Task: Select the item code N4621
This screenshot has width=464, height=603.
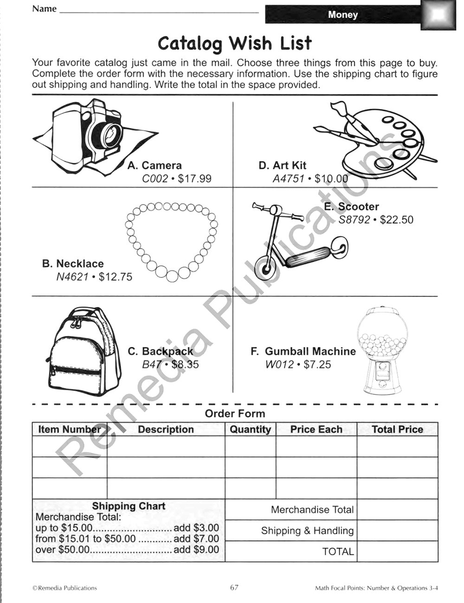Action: pyautogui.click(x=72, y=277)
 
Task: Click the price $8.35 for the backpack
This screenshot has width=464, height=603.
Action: pyautogui.click(x=185, y=365)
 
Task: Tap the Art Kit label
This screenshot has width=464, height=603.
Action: pyautogui.click(x=283, y=166)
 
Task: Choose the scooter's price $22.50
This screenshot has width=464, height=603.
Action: pyautogui.click(x=396, y=220)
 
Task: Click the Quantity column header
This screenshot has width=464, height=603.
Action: pyautogui.click(x=250, y=430)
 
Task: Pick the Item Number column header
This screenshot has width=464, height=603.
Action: pyautogui.click(x=69, y=430)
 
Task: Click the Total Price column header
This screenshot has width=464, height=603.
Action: pyautogui.click(x=397, y=430)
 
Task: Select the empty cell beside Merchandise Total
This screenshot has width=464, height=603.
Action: pyautogui.click(x=397, y=510)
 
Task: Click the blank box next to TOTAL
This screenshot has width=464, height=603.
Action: pyautogui.click(x=397, y=552)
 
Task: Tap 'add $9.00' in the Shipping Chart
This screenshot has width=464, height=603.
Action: pyautogui.click(x=196, y=550)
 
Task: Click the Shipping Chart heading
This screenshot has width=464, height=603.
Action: pyautogui.click(x=129, y=506)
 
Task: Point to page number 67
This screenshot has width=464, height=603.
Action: pyautogui.click(x=234, y=588)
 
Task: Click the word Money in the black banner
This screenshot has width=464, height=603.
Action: pyautogui.click(x=343, y=14)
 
